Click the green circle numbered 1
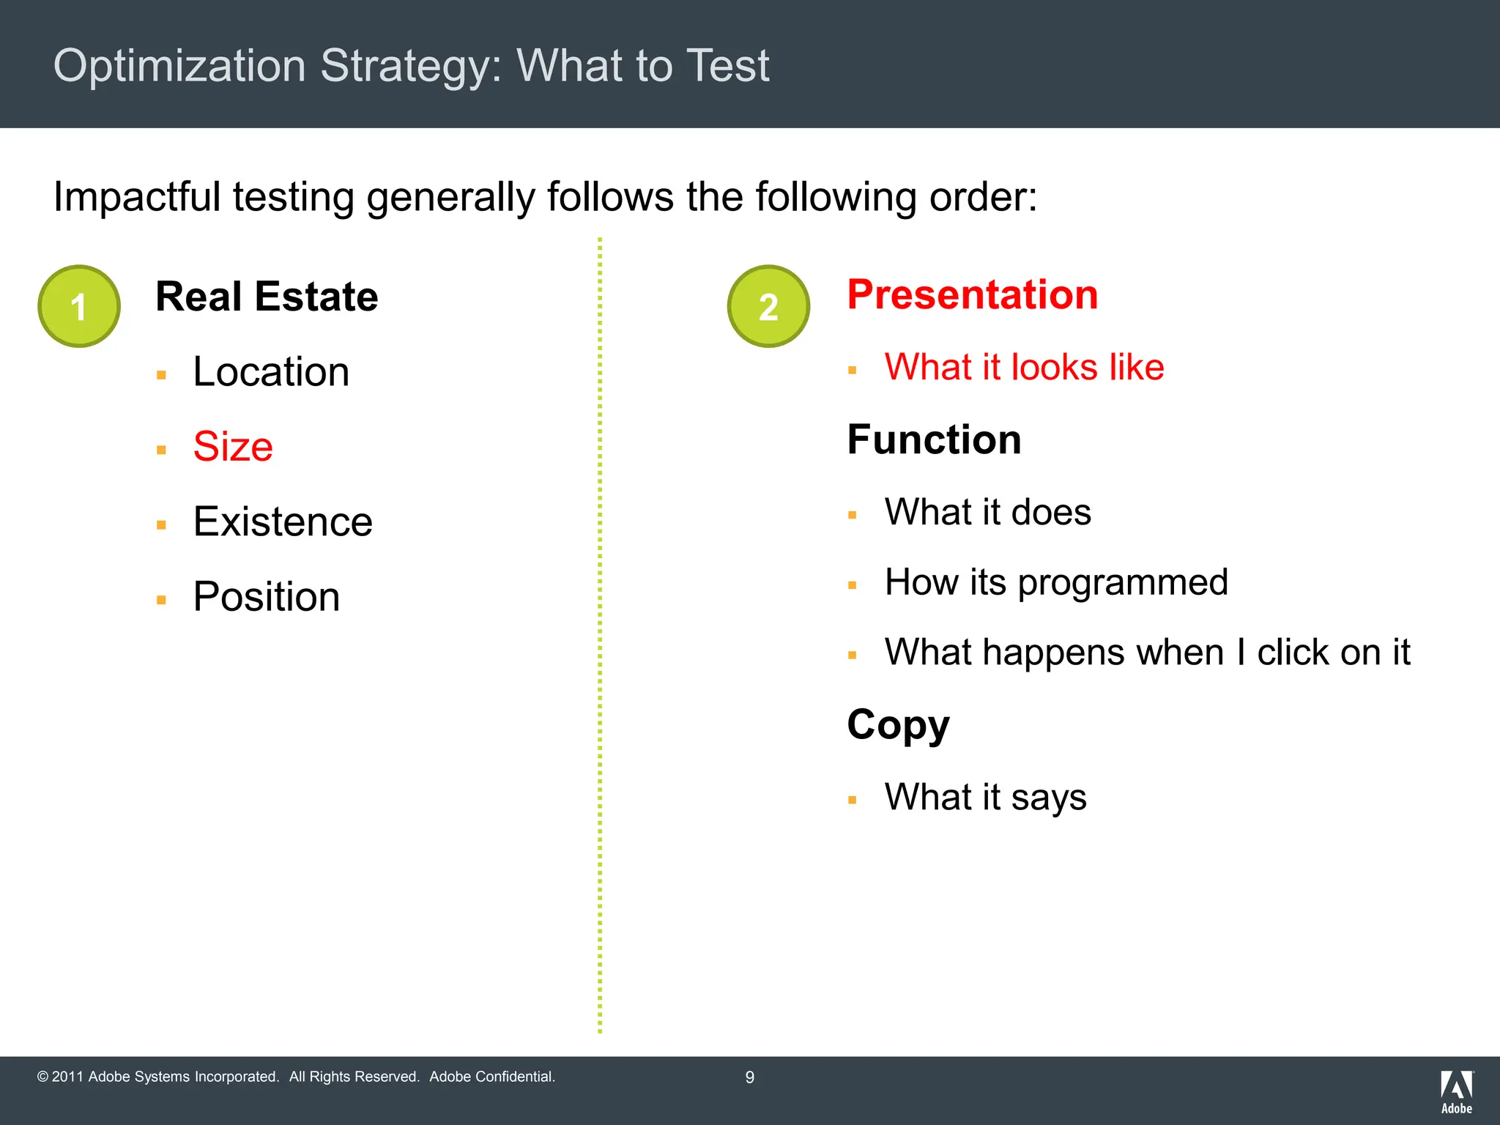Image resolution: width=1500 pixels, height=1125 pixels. (79, 306)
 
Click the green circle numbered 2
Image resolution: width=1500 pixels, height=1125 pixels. (768, 306)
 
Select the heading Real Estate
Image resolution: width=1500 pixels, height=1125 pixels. (267, 297)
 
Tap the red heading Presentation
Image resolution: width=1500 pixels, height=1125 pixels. (973, 294)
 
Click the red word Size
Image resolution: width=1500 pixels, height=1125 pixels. (233, 447)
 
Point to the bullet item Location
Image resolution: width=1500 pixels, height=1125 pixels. (271, 372)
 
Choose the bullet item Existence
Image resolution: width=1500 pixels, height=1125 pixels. (283, 522)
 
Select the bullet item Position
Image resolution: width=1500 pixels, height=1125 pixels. (267, 597)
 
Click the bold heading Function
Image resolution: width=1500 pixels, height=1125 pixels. (934, 439)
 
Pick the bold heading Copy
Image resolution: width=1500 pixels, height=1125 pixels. (898, 725)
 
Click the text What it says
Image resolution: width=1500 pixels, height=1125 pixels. (985, 797)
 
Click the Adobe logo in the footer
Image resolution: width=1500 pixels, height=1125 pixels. (1457, 1091)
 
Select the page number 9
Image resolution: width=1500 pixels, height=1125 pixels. (749, 1077)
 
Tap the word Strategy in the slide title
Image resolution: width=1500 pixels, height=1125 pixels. (411, 66)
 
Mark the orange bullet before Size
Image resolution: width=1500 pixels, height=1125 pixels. (161, 450)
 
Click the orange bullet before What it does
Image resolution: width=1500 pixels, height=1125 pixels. (852, 515)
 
